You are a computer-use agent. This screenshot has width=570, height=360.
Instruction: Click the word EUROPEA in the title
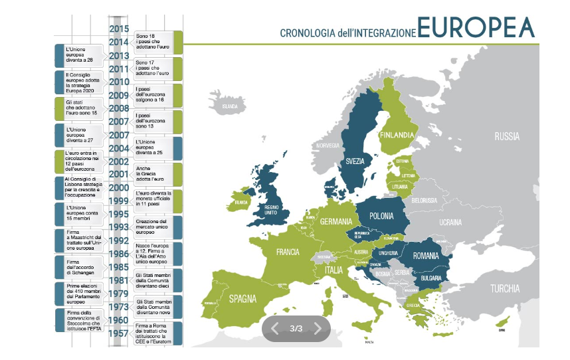[476, 28]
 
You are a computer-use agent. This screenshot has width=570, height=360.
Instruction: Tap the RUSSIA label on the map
[506, 137]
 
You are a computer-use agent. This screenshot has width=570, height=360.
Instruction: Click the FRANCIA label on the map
[288, 252]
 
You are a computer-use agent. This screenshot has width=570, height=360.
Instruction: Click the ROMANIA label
[426, 256]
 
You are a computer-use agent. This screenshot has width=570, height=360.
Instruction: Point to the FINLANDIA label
[397, 135]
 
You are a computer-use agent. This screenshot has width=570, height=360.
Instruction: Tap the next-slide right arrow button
[318, 328]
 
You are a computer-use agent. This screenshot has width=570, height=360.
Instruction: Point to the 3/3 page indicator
[296, 328]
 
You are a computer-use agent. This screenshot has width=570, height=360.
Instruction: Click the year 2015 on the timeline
[118, 29]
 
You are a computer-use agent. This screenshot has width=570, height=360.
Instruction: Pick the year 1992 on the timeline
[118, 241]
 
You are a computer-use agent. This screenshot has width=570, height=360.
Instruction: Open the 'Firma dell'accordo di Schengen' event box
[78, 266]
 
